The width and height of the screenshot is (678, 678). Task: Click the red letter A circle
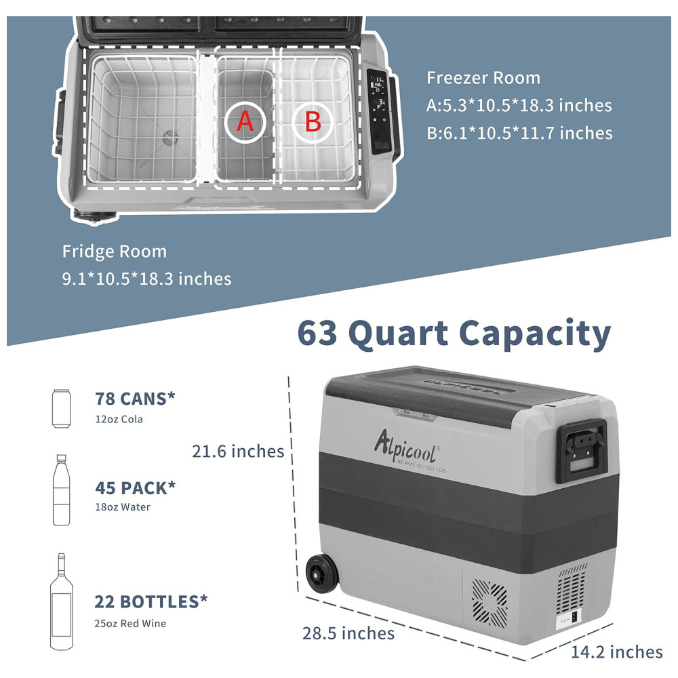245,121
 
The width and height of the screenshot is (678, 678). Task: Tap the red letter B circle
313,121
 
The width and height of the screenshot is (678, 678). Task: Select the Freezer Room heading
483,78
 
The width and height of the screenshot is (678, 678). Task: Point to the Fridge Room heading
114,252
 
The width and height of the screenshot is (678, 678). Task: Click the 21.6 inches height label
238,451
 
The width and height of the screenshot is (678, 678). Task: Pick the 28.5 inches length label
348,633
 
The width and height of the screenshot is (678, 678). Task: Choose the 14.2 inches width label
617,652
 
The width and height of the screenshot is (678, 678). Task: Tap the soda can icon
61,409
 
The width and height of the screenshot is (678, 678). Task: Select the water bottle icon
62,490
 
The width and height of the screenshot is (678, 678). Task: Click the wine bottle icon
62,601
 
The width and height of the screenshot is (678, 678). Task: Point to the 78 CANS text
136,399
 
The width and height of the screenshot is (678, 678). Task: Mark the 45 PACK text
136,487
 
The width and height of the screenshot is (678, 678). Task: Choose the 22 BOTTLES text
151,601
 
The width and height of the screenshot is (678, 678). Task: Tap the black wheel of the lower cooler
321,574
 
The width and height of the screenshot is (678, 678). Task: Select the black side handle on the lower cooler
582,451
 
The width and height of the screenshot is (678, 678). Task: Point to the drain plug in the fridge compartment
170,138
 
